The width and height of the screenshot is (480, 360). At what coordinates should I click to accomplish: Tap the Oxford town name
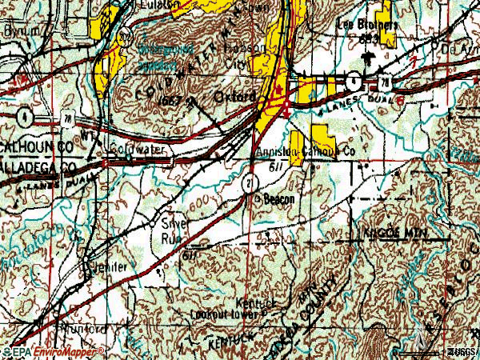tap(237, 97)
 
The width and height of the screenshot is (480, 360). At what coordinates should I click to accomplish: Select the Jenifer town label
tap(109, 266)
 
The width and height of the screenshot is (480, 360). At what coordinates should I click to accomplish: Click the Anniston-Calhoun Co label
tap(304, 150)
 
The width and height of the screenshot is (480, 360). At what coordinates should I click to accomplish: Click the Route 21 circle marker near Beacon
tap(250, 184)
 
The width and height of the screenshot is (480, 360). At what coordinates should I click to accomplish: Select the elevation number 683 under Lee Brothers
tap(369, 38)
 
